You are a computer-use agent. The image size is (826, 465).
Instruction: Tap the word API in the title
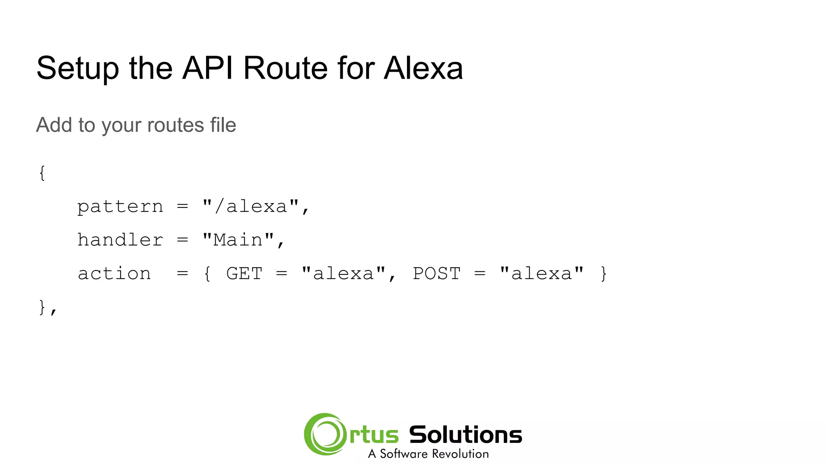tap(208, 68)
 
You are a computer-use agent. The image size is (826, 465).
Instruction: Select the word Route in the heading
tap(285, 68)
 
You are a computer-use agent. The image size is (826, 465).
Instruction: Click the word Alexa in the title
tap(423, 68)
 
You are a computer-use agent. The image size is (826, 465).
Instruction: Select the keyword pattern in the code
tap(120, 207)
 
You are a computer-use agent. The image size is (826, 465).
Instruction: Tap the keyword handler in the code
tap(120, 240)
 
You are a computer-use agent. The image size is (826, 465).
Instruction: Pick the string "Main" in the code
tap(238, 240)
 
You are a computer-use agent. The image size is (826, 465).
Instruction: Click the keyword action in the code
tap(114, 274)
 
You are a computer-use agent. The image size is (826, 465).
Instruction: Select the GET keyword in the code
tap(244, 274)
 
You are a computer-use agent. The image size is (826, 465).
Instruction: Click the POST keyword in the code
tap(436, 274)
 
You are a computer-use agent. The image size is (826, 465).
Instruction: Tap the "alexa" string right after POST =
tap(541, 273)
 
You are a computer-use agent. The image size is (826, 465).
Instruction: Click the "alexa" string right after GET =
tap(343, 273)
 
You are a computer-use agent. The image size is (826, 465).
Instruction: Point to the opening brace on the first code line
tap(42, 173)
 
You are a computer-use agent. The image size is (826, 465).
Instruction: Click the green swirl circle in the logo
tap(325, 434)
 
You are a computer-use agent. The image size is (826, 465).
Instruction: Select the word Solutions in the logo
tap(465, 435)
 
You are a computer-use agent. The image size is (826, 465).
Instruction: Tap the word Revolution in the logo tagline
tap(459, 454)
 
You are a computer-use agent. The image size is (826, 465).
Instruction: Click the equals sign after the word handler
tap(182, 240)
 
